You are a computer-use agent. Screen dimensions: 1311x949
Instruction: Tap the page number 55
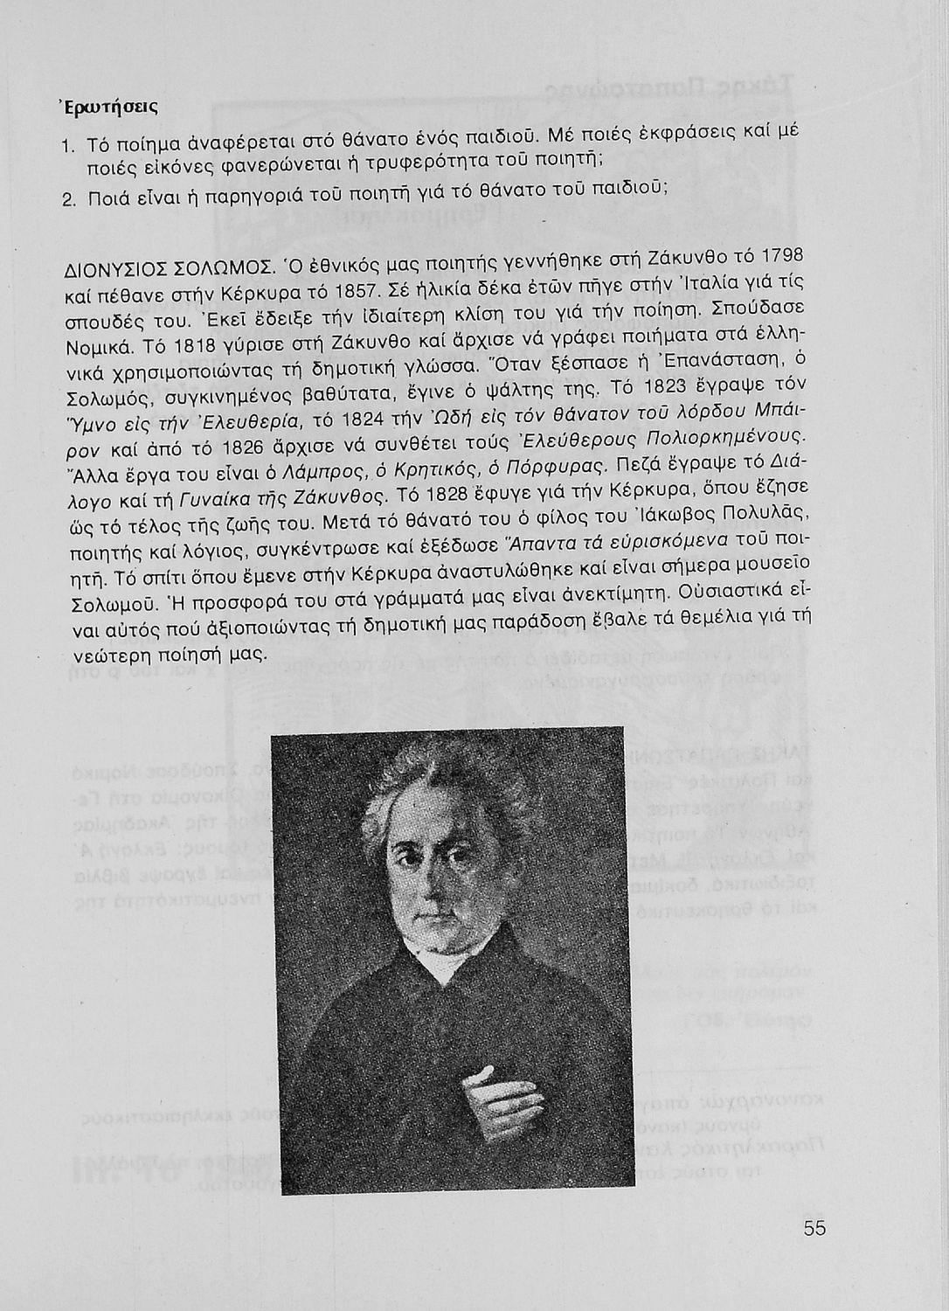tap(814, 1227)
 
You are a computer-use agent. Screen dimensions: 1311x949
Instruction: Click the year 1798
tap(779, 259)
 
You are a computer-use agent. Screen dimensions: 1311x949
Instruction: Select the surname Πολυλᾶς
tap(761, 509)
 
